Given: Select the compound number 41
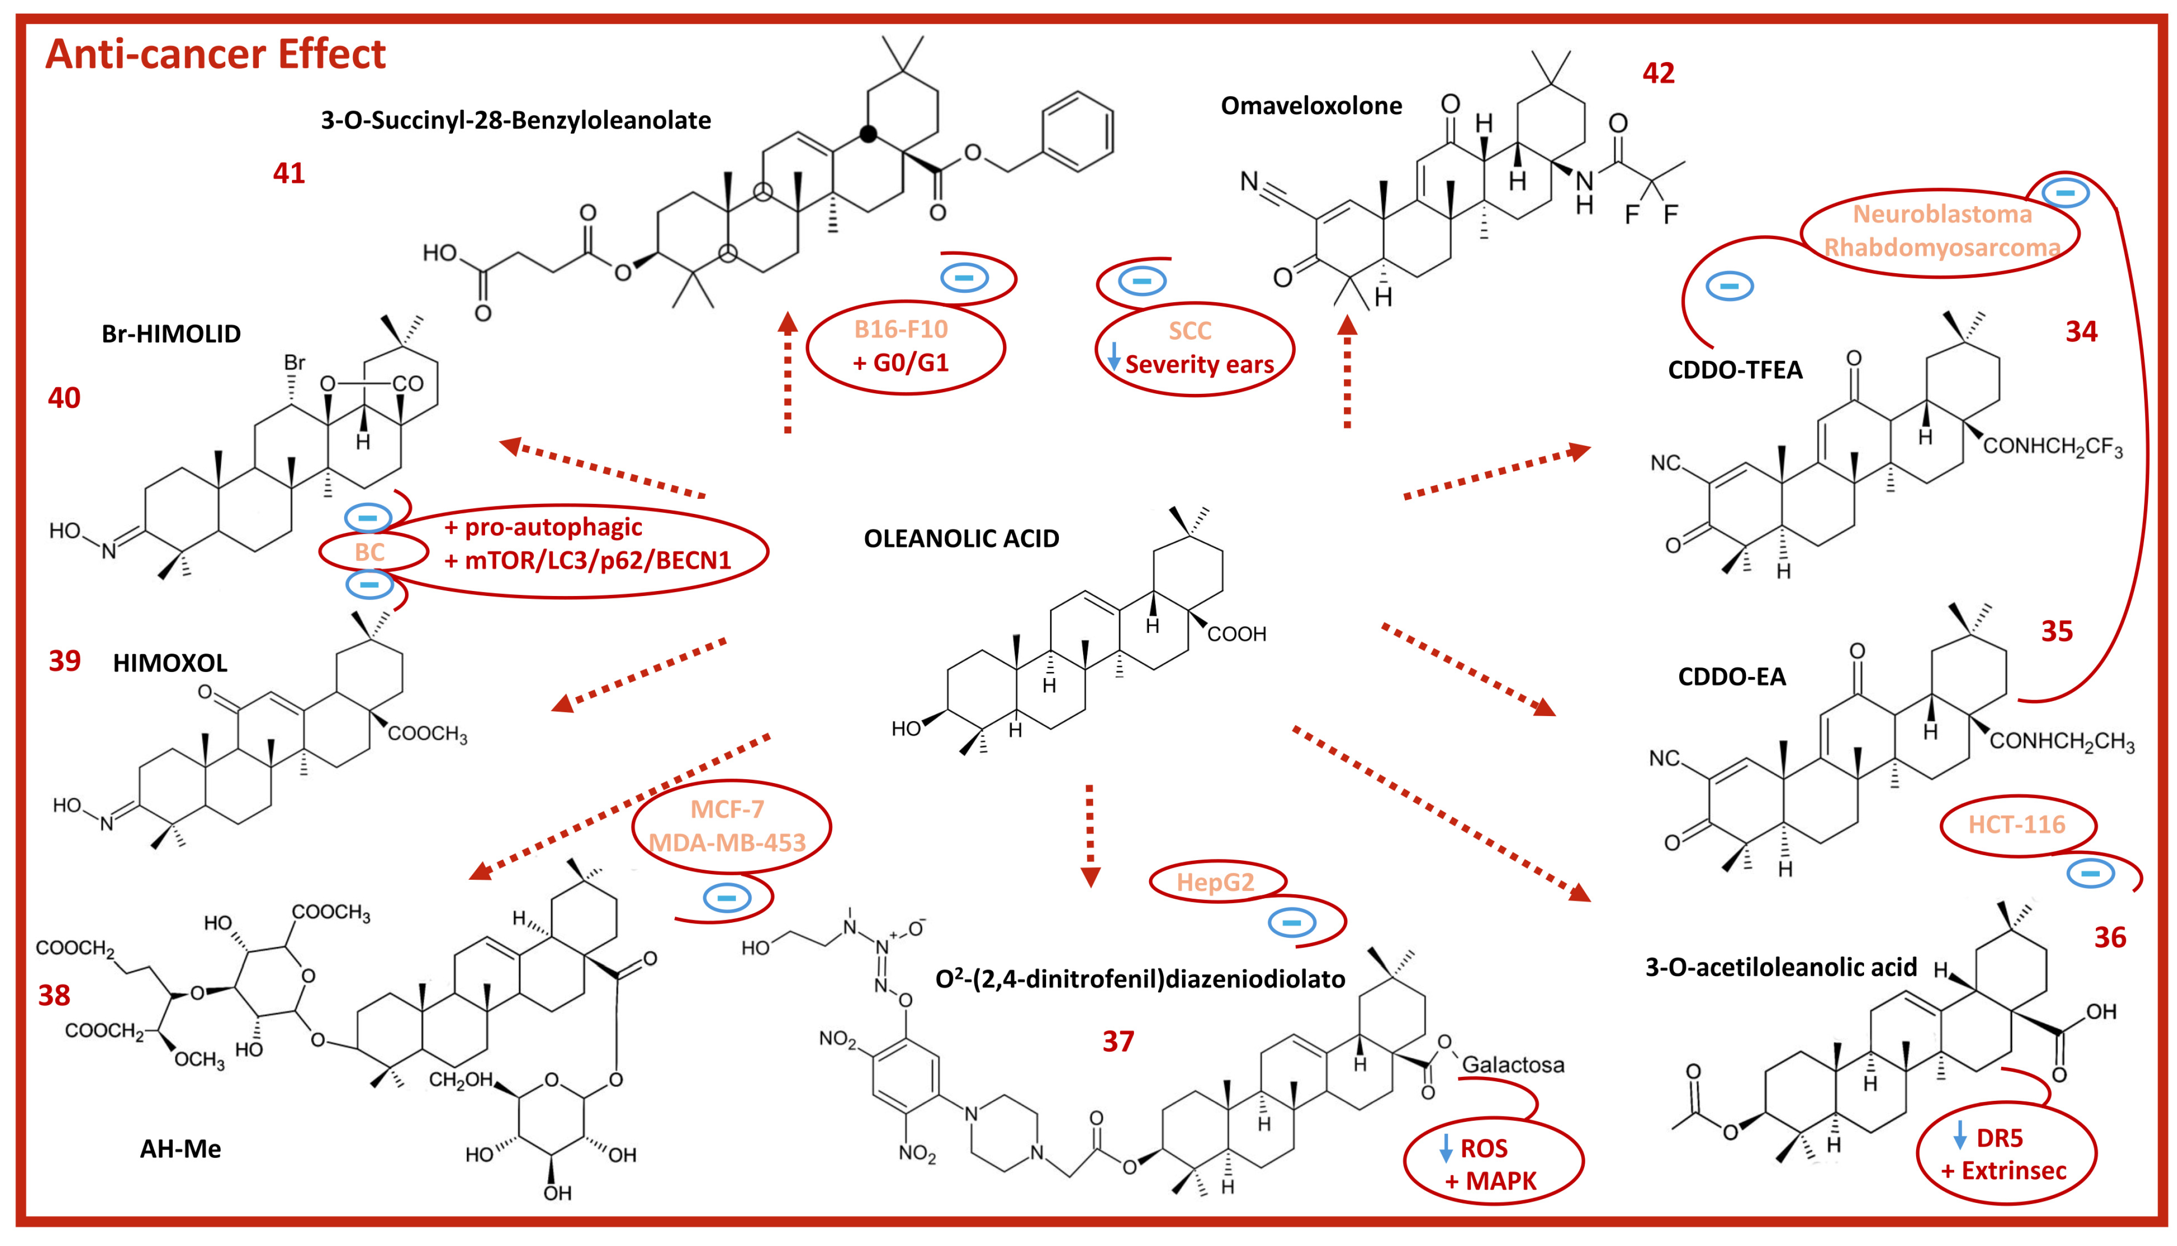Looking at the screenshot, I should click(288, 174).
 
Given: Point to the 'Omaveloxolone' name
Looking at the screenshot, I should click(1311, 106).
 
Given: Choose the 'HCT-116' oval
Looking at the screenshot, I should click(2016, 825).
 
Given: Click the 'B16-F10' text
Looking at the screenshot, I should click(901, 329).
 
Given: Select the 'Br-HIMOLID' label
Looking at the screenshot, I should click(171, 334).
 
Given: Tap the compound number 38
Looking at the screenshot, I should click(54, 995).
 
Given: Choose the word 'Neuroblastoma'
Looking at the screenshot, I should click(1942, 214).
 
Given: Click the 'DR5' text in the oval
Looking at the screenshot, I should click(1999, 1138).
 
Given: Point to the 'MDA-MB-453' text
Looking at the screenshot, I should click(727, 843).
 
